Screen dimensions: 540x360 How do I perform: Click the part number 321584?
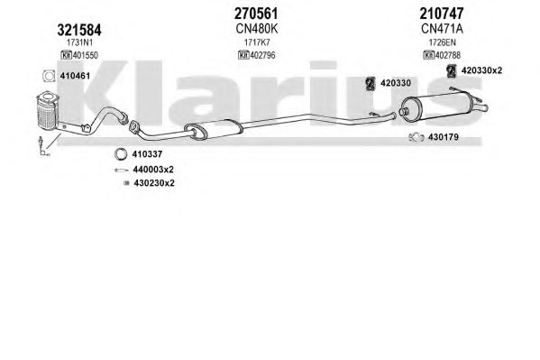(79, 30)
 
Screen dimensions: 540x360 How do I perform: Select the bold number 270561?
(256, 14)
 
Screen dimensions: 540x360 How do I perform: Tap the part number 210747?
(442, 14)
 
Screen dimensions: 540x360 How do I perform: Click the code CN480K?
(257, 29)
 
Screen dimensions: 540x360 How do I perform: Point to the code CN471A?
(442, 29)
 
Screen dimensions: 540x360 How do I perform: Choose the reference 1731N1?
(79, 42)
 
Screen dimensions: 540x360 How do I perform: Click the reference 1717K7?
(257, 42)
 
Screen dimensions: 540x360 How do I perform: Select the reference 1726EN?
(443, 42)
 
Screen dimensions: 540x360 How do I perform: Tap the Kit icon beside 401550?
(66, 55)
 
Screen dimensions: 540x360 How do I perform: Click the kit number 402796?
(262, 55)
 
